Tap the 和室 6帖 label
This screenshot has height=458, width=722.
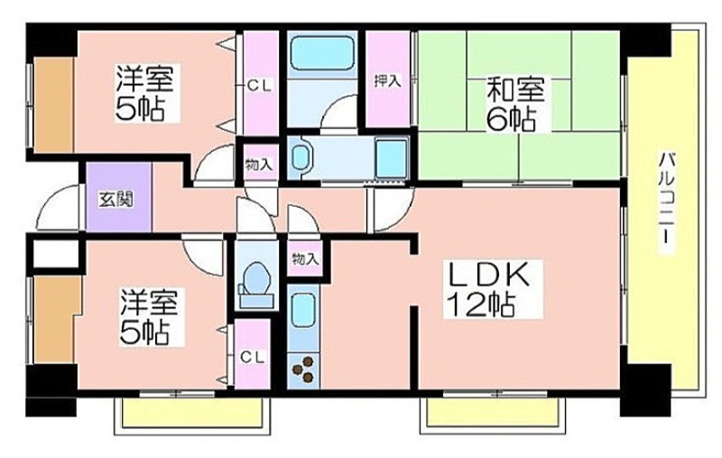511,104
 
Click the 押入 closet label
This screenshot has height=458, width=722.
387,81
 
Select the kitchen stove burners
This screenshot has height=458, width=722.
303,369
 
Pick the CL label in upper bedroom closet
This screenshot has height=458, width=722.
260,86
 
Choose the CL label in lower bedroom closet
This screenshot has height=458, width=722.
253,357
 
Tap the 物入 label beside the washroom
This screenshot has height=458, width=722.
260,164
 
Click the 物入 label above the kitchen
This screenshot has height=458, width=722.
305,259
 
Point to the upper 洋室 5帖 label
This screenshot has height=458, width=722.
143,92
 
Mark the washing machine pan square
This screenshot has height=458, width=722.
392,157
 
